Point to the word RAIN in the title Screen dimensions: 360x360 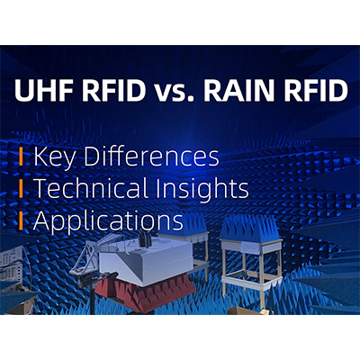(x=242, y=88)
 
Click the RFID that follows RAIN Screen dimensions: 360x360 (x=317, y=88)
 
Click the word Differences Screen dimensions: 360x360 (x=151, y=157)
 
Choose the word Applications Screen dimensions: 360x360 (x=108, y=220)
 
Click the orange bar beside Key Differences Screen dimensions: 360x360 (x=21, y=157)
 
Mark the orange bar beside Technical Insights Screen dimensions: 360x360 (x=21, y=188)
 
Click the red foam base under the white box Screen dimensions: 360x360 (x=143, y=292)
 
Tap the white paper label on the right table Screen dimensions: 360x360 (x=249, y=247)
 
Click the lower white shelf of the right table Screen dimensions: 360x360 (x=251, y=282)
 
